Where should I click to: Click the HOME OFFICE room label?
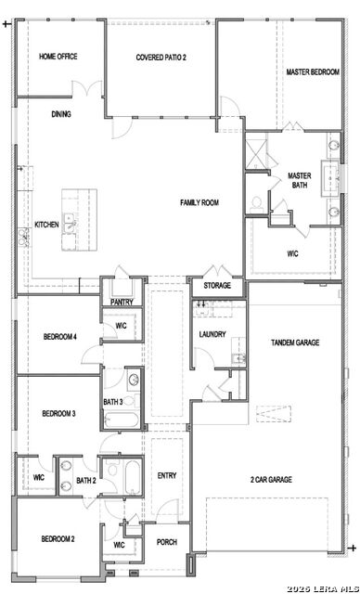tap(58, 57)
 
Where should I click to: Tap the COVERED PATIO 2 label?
tap(161, 58)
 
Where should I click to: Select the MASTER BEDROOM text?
tap(311, 71)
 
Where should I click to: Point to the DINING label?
tap(61, 114)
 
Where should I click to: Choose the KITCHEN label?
tap(46, 225)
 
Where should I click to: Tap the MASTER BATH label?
tap(299, 180)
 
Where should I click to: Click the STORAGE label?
tap(217, 286)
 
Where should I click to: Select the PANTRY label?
tap(122, 302)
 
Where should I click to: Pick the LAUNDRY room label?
tap(212, 334)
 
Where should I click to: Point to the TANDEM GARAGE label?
tap(295, 342)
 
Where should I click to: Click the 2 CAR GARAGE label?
tap(271, 479)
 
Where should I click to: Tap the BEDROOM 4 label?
tap(59, 336)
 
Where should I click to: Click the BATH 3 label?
tap(113, 401)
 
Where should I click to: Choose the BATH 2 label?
tap(86, 481)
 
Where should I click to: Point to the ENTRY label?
tap(167, 476)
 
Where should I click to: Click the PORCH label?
tap(166, 542)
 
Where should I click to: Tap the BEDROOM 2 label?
tap(58, 538)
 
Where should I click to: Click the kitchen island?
tap(79, 220)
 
